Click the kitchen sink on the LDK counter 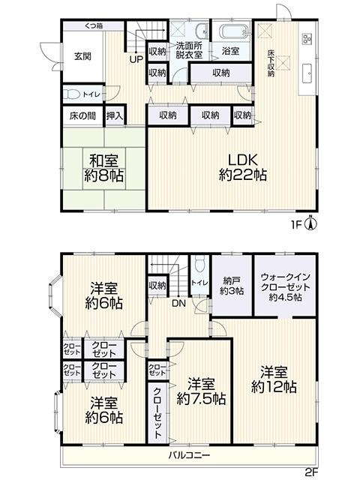[x=308, y=73]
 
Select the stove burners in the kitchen [x=307, y=40]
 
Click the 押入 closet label [x=115, y=116]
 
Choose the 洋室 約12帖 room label [x=278, y=379]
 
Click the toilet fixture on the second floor [x=199, y=266]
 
